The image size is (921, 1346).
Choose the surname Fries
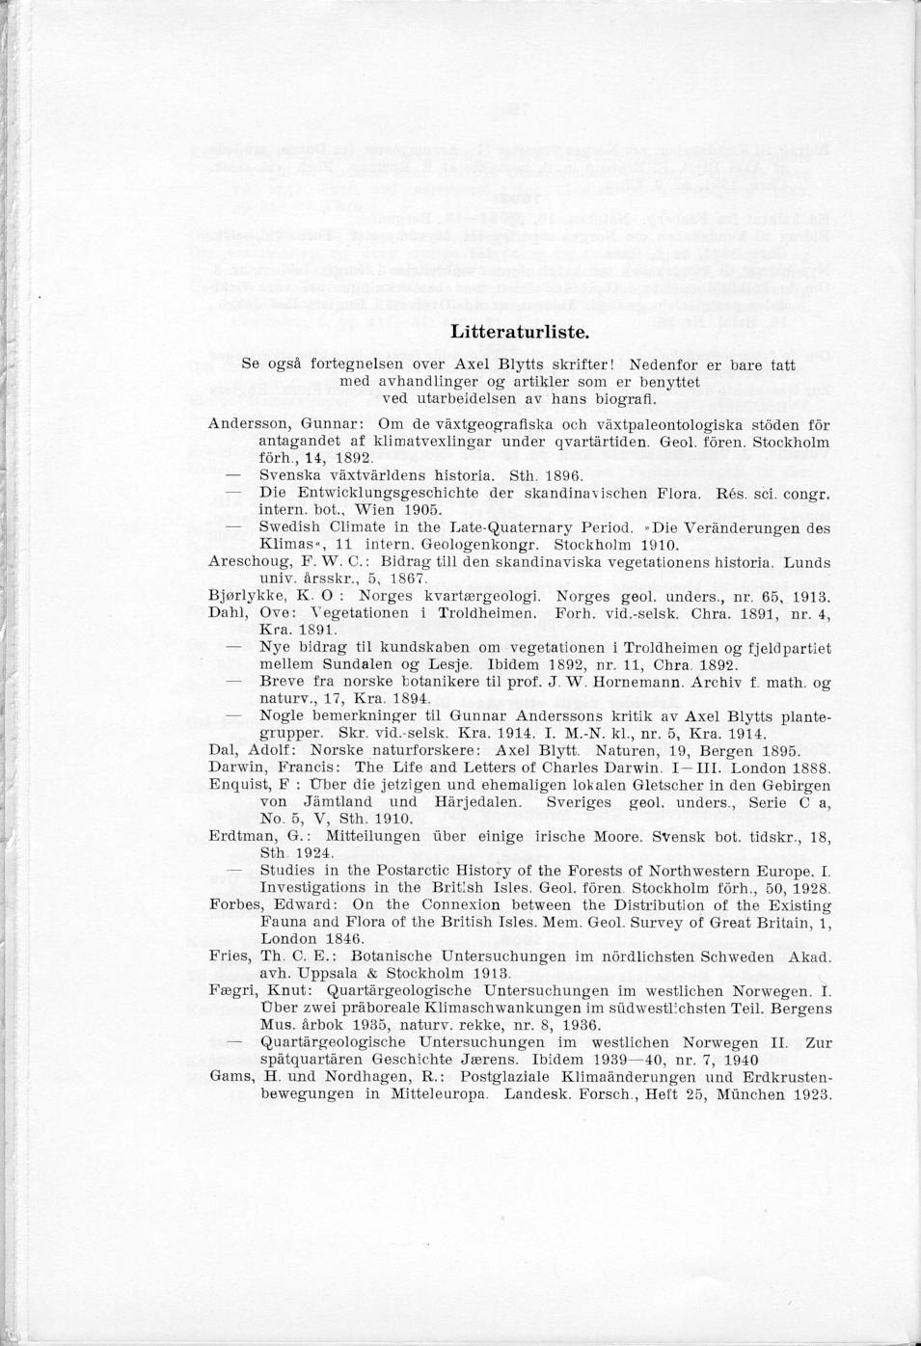228,957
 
